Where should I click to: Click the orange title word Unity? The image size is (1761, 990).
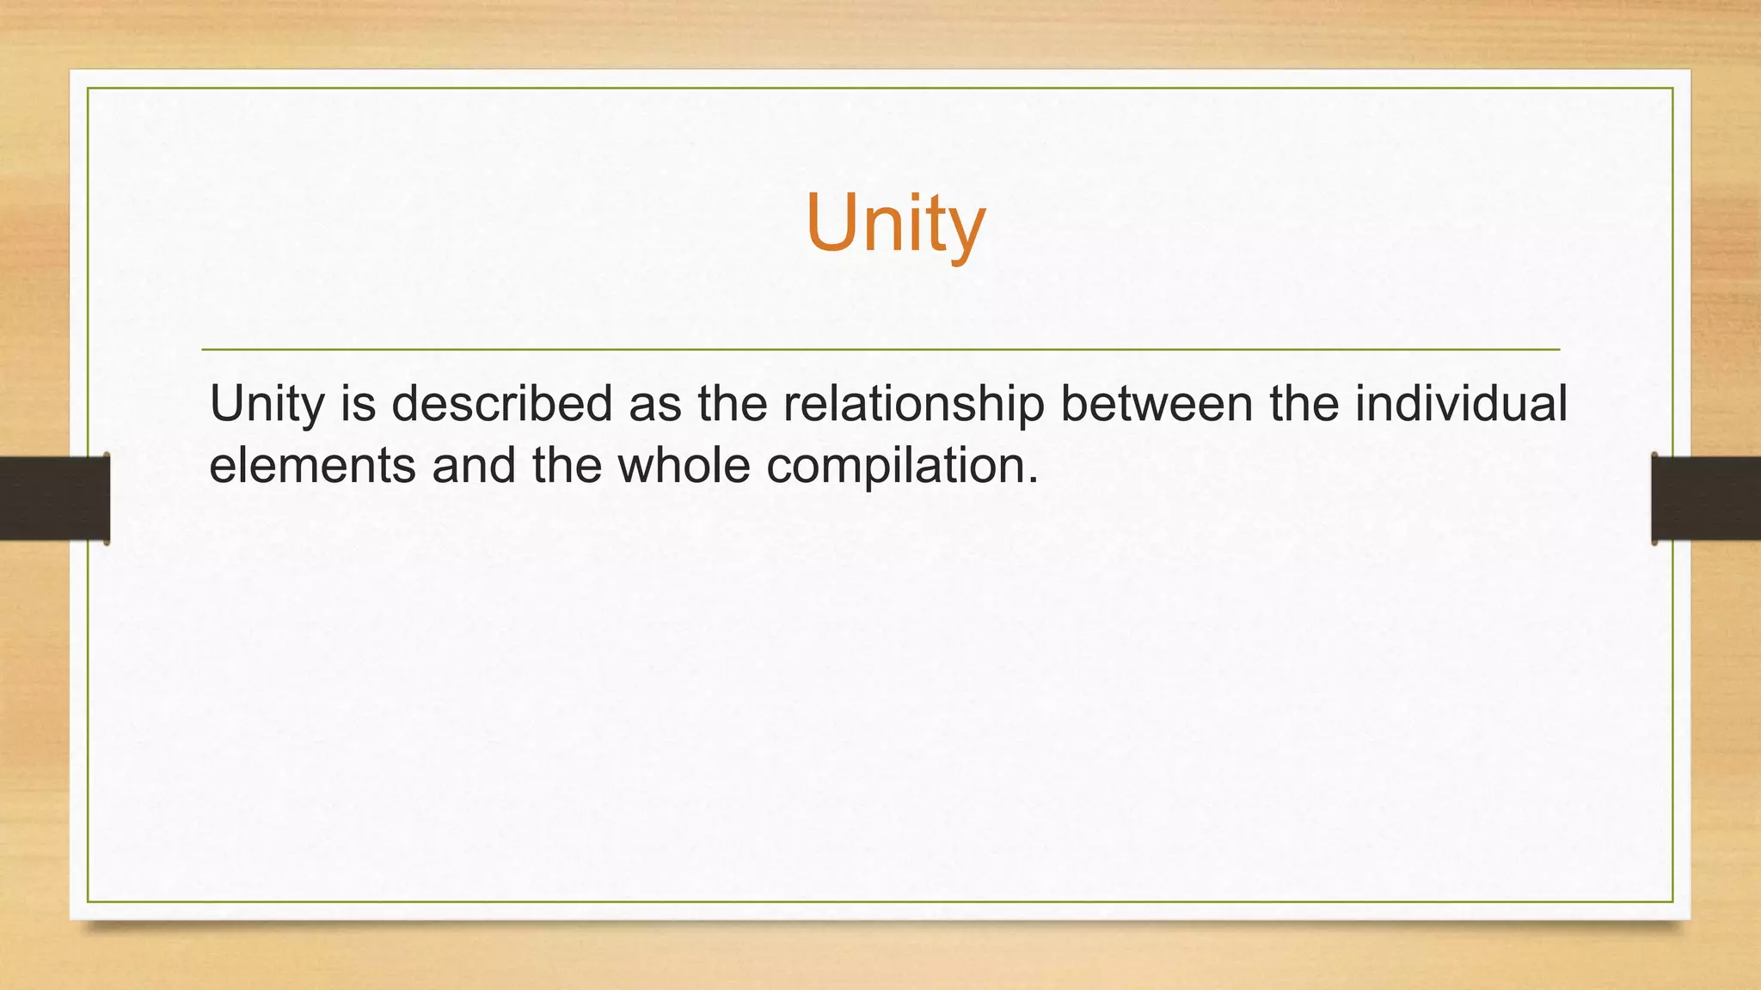coord(895,223)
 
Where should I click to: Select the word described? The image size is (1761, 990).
coord(501,404)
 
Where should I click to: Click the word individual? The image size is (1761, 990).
coord(1461,404)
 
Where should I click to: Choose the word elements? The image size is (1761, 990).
coord(312,466)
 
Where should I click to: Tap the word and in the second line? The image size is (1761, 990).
coord(473,466)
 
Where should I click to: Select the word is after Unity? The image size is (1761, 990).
coord(359,404)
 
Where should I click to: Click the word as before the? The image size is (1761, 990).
coord(654,404)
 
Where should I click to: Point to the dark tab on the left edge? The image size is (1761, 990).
coord(54,498)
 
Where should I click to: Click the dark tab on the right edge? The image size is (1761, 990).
coord(1706,498)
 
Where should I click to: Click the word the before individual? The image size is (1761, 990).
coord(1304,404)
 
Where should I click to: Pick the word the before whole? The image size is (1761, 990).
coord(567,466)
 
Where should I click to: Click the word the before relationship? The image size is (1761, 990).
coord(732,404)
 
